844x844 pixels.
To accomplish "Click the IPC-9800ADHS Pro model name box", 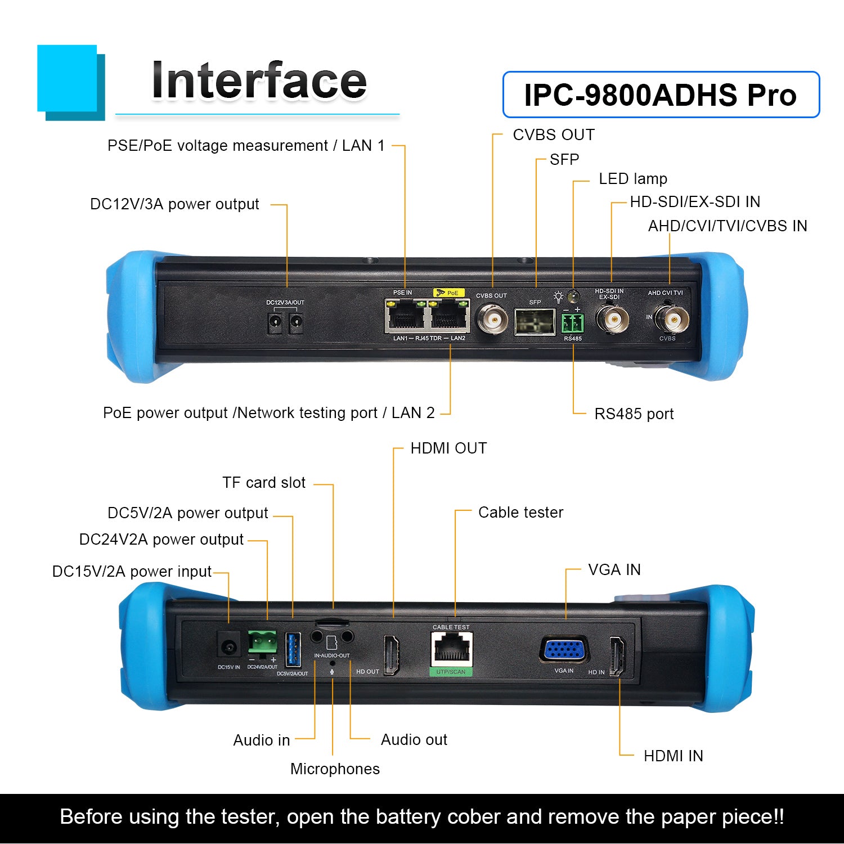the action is pyautogui.click(x=661, y=95).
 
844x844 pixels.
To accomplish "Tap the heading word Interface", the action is pyautogui.click(x=259, y=81).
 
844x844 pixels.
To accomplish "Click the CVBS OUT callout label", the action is pyautogui.click(x=554, y=135).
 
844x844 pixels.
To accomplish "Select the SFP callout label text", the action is pyautogui.click(x=564, y=160).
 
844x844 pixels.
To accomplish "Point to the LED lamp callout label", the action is pyautogui.click(x=633, y=179).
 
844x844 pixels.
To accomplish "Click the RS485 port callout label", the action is pyautogui.click(x=634, y=414).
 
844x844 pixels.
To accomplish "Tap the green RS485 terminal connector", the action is pyautogui.click(x=573, y=324).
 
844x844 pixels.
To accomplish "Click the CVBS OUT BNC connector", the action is pyautogui.click(x=491, y=320).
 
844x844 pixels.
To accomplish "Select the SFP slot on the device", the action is pyautogui.click(x=535, y=321).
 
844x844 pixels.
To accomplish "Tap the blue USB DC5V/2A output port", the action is pyautogui.click(x=293, y=650).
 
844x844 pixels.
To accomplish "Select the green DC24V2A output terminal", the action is pyautogui.click(x=262, y=642).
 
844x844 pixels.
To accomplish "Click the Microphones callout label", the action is pyautogui.click(x=335, y=769).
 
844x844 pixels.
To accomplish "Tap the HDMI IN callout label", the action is pyautogui.click(x=674, y=756).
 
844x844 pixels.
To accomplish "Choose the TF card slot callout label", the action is pyautogui.click(x=264, y=483).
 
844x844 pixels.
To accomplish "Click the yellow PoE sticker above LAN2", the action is pyautogui.click(x=449, y=293).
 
